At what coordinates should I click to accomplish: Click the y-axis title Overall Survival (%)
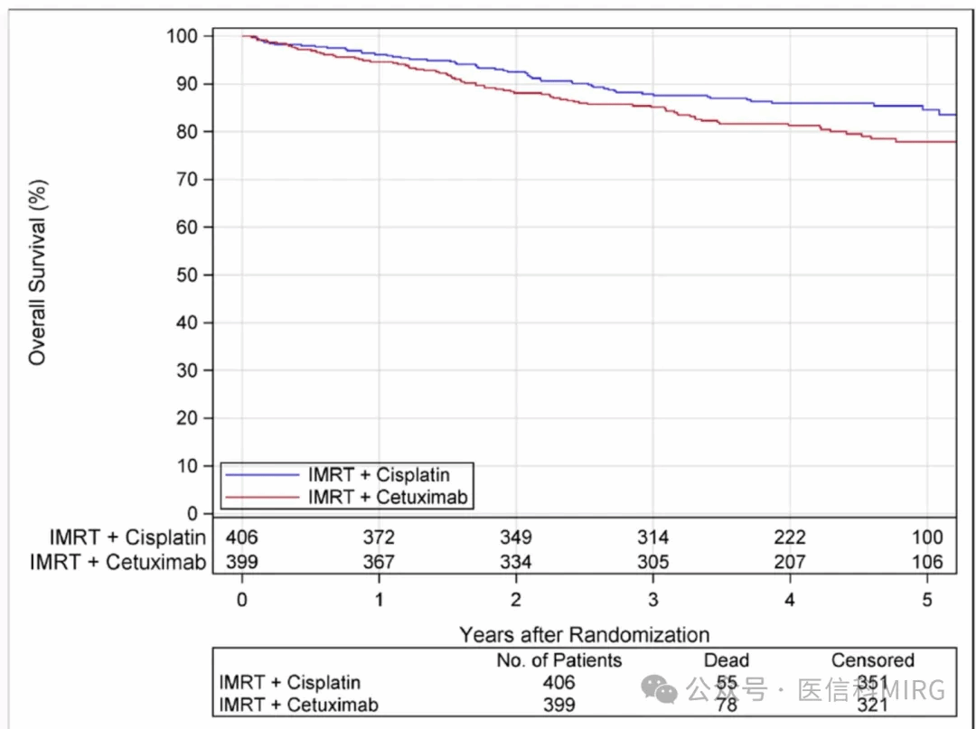pos(37,272)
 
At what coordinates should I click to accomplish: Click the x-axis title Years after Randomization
pos(584,634)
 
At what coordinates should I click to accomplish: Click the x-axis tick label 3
pos(652,600)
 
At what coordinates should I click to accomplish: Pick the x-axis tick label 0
pos(241,600)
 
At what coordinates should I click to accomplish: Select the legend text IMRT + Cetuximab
pos(390,496)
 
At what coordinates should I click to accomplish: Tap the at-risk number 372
pos(379,537)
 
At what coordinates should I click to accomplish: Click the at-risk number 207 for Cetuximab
pos(789,562)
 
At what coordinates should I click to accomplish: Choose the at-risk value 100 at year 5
pos(926,537)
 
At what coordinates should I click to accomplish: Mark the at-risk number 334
pos(515,562)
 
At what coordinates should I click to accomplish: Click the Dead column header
pos(727,660)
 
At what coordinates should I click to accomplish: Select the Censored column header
pos(873,660)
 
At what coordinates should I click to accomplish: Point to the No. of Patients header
pos(559,660)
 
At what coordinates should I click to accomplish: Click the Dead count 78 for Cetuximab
pos(727,705)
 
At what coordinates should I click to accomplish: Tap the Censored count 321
pos(873,705)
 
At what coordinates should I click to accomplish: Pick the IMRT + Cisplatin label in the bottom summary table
pos(290,682)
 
